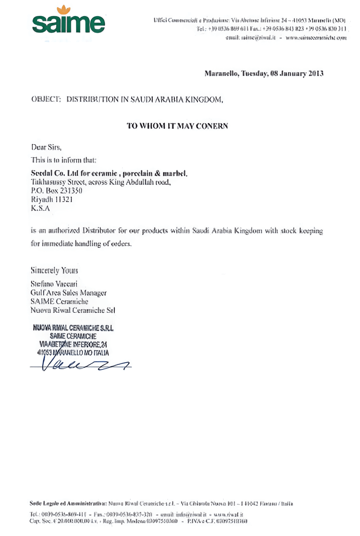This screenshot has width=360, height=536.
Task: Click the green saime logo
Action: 68,24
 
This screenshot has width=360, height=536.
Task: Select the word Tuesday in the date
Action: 254,74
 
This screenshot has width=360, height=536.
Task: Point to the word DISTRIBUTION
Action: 92,99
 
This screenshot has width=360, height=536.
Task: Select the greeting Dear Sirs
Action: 46,147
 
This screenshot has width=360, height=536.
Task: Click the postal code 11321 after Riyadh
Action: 64,200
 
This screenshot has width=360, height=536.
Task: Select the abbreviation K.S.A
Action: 40,208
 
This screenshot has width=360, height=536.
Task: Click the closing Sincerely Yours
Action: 54,271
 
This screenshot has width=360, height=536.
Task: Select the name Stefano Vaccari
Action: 54,284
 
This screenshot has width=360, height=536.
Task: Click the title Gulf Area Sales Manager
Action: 68,293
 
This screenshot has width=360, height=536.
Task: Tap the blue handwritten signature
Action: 80,364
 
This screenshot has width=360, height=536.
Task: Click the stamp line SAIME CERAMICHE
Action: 73,336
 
